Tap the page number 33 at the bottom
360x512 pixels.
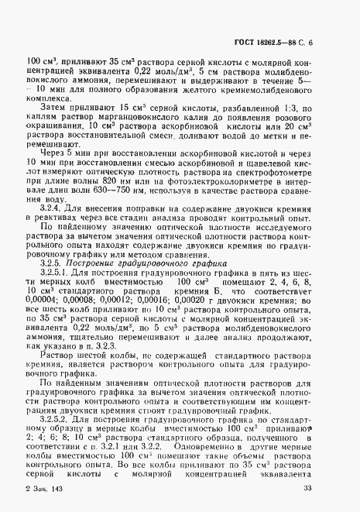point(329,486)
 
